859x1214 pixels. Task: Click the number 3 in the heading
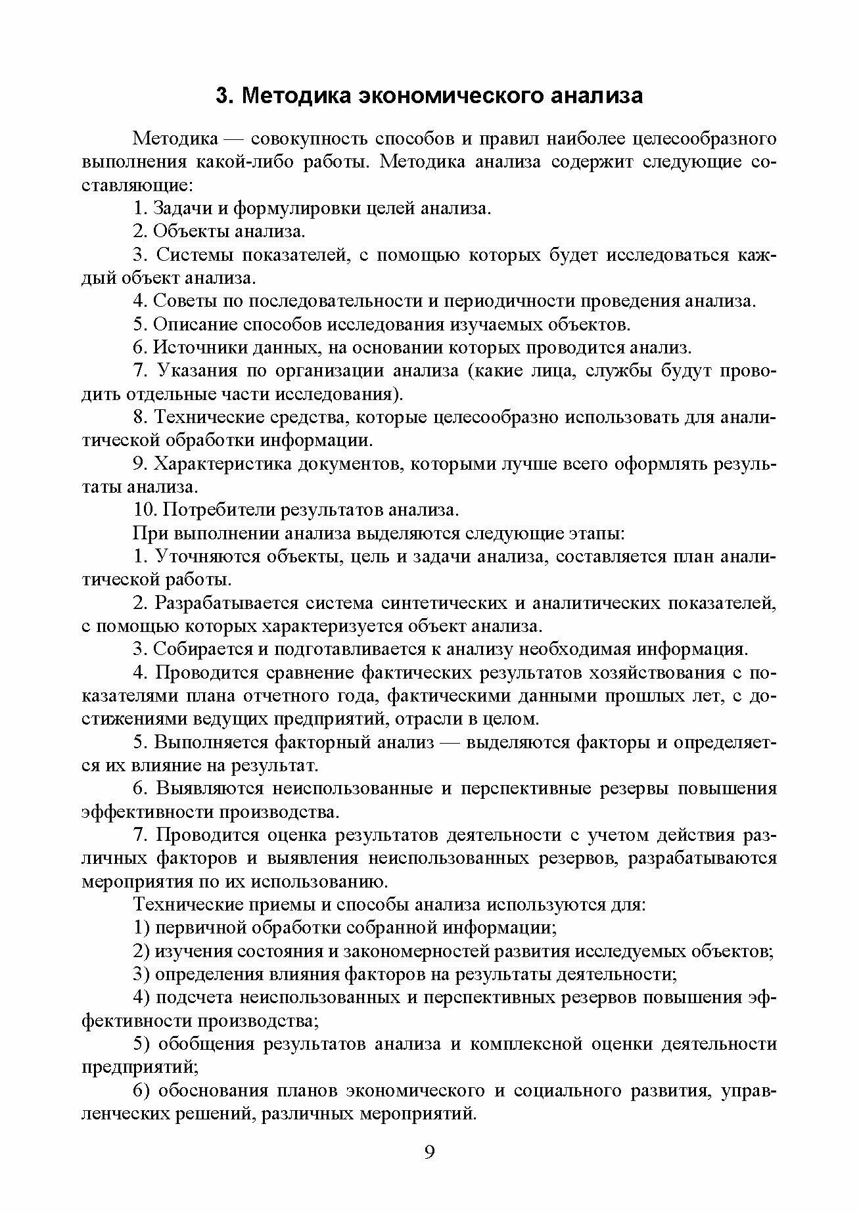click(x=222, y=96)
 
